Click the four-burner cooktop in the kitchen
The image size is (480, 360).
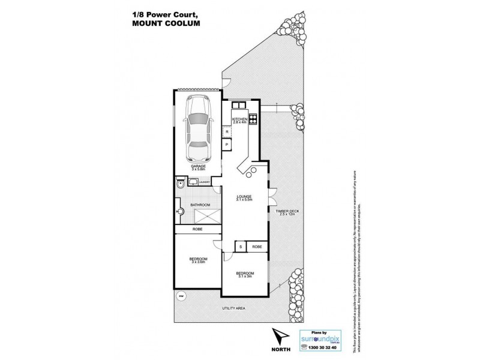(x=254, y=118)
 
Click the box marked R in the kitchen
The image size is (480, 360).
(x=227, y=131)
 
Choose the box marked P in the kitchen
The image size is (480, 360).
(x=227, y=145)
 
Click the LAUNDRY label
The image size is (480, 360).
(x=203, y=182)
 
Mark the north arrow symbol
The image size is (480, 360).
(x=278, y=337)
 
